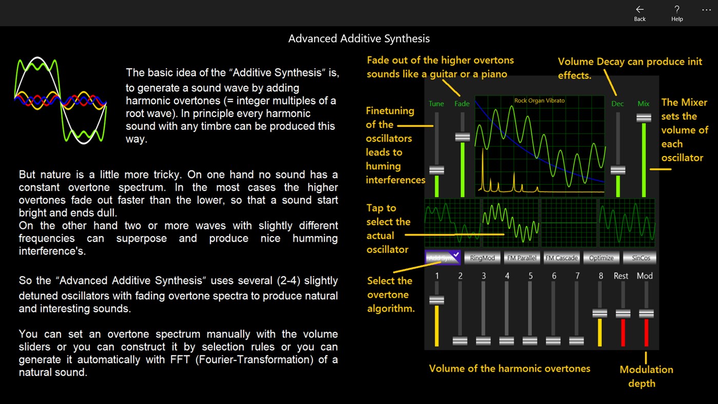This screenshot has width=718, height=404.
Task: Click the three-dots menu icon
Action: tap(706, 10)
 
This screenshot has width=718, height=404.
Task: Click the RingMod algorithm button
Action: tap(482, 258)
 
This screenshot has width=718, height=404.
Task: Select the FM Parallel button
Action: tap(521, 258)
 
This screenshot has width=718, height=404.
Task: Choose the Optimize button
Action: tap(601, 258)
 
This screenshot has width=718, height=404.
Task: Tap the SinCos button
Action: tap(641, 258)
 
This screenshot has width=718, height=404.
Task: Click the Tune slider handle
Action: tap(437, 170)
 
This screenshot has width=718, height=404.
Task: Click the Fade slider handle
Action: tap(462, 137)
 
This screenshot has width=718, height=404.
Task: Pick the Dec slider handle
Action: tap(618, 170)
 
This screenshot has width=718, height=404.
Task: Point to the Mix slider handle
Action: tap(644, 118)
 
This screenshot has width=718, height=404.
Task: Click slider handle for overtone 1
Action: tap(437, 300)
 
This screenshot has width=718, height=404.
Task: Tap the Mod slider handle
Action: tap(646, 313)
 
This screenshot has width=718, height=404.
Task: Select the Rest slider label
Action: tap(621, 276)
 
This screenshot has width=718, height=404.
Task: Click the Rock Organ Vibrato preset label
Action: tap(539, 101)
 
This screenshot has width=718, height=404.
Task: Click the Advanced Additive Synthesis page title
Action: tap(359, 39)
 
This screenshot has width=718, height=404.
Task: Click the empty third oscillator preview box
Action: tap(569, 223)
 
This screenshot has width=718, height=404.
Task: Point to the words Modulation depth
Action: tap(646, 376)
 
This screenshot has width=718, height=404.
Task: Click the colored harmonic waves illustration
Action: tap(61, 100)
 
